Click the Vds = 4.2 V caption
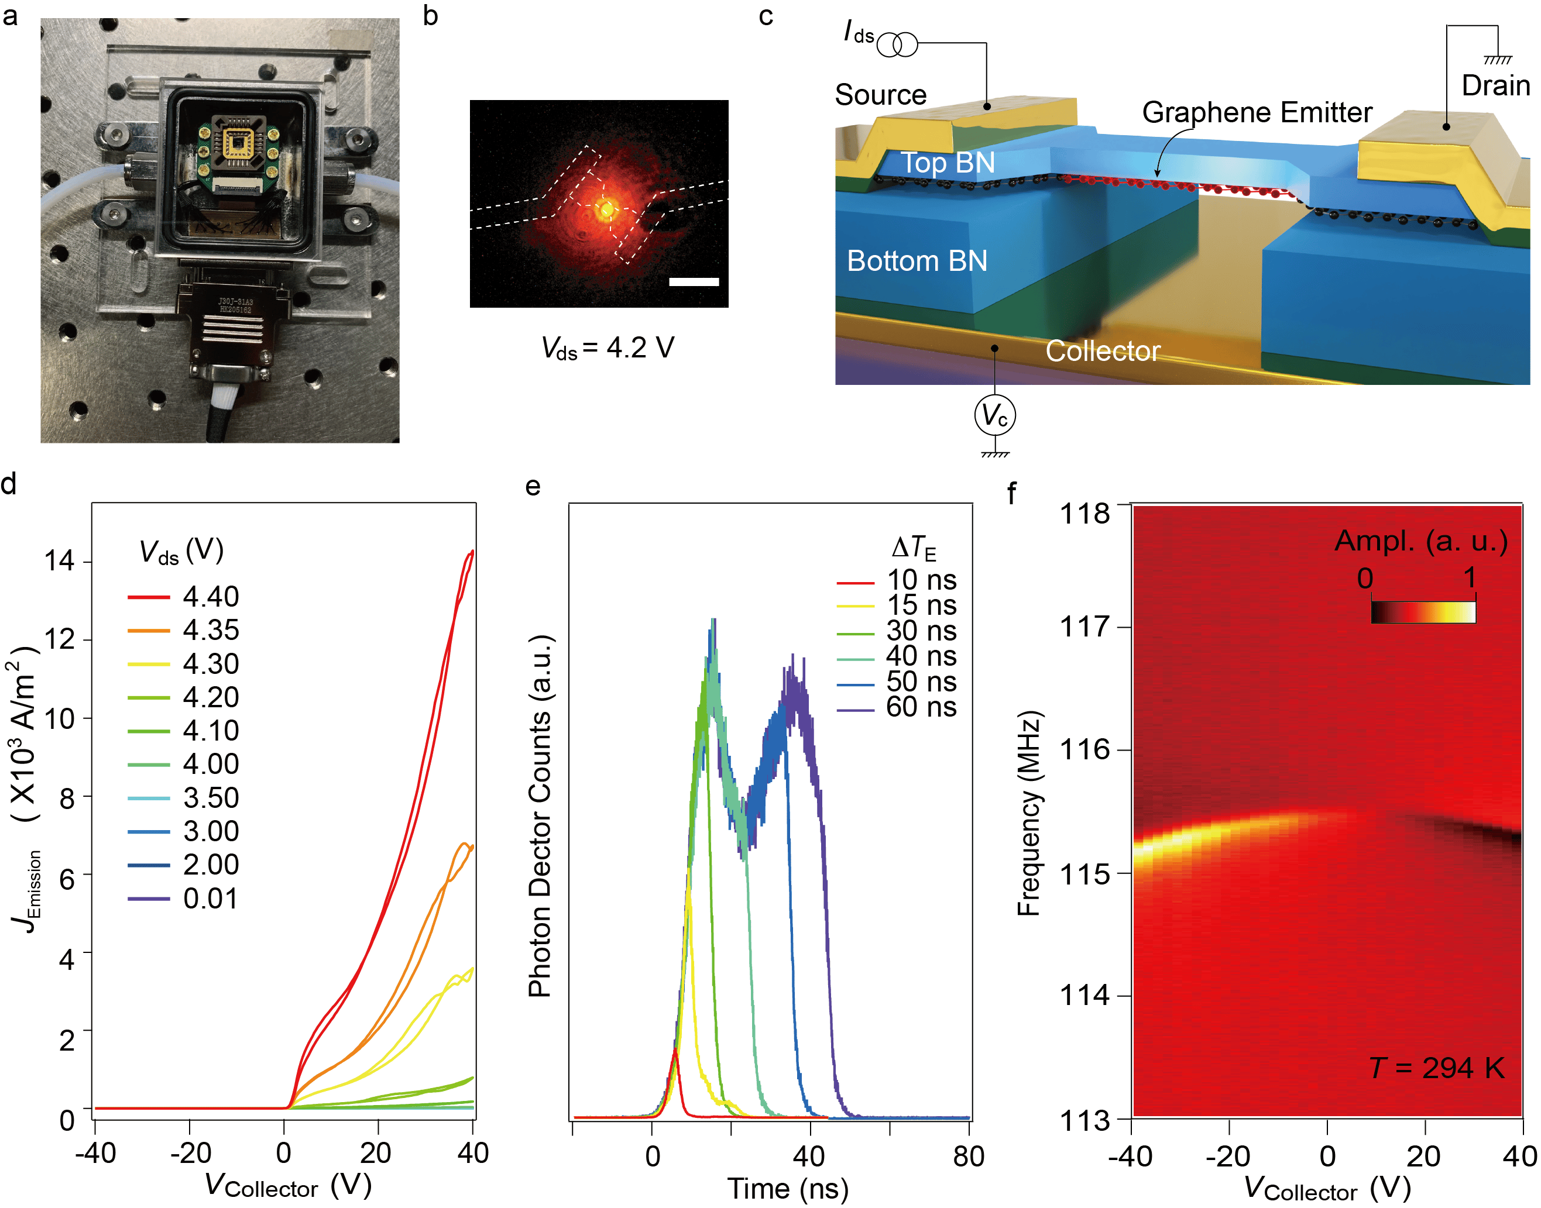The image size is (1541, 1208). [607, 348]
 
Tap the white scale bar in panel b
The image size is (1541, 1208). [694, 281]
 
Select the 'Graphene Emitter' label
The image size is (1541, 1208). [1257, 112]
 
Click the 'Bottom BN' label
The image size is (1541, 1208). [917, 261]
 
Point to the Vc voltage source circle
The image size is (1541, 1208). [995, 416]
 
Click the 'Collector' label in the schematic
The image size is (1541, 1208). [1102, 351]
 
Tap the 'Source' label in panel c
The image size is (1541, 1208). [880, 95]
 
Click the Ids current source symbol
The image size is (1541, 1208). [897, 44]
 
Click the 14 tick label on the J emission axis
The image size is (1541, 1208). [60, 561]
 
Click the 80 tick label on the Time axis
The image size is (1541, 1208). [968, 1157]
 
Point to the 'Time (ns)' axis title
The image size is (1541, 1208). [788, 1189]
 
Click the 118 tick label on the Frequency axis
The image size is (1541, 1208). [1084, 514]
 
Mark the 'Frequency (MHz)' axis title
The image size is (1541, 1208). [1029, 813]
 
